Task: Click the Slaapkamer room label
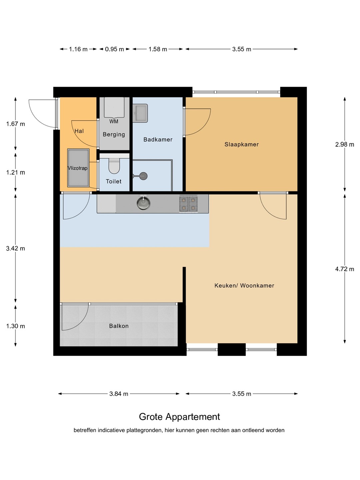241,144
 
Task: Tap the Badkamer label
158,140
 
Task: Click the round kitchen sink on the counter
143,203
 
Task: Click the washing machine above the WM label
114,107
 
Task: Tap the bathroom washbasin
140,113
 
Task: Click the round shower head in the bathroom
143,176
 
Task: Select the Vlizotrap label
78,168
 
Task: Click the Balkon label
119,326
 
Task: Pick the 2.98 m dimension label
344,145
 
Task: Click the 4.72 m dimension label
344,269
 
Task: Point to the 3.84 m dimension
119,394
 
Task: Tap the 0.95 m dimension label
114,49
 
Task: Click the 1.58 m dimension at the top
158,49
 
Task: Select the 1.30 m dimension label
16,326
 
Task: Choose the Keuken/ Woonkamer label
244,285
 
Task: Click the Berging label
114,134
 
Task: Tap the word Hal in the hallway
79,131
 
